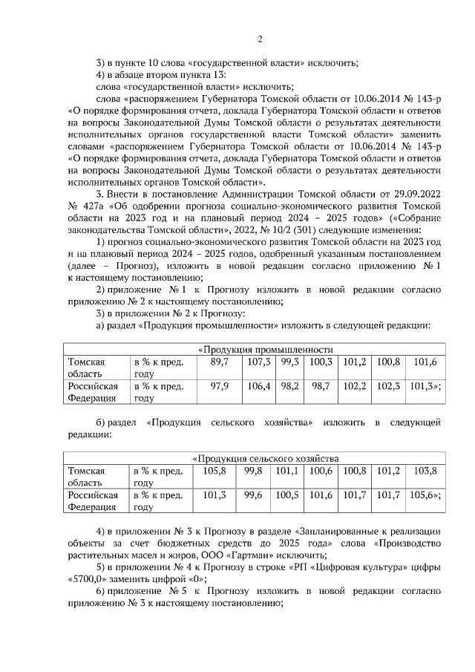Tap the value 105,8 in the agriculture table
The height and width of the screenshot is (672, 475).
coord(214,471)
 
